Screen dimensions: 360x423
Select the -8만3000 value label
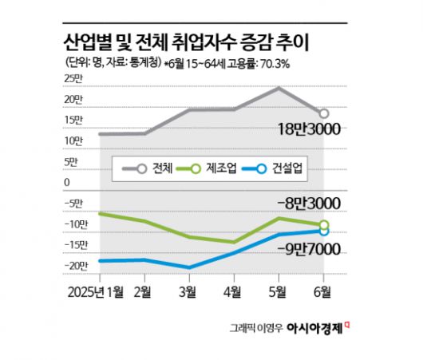(x=305, y=204)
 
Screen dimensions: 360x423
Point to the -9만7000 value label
(x=306, y=250)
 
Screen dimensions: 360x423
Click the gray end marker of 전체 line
(x=323, y=113)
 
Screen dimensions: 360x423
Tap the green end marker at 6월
(x=323, y=225)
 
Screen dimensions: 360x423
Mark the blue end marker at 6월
(x=323, y=231)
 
